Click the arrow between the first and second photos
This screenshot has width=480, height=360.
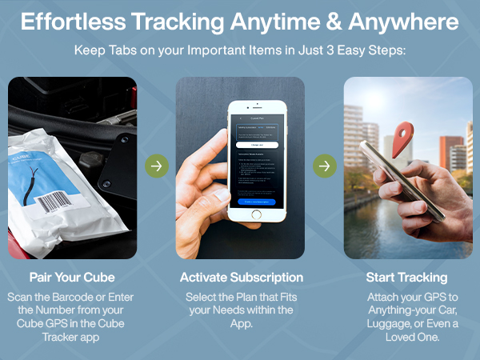coord(157,166)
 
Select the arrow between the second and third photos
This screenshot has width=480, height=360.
coord(324,166)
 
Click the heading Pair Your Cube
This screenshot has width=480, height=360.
coord(72,278)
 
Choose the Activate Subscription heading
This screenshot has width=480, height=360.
coord(240,278)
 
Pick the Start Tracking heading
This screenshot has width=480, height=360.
coord(406,278)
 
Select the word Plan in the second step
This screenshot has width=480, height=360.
coord(248,296)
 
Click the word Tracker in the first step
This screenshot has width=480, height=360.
coord(50,339)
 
